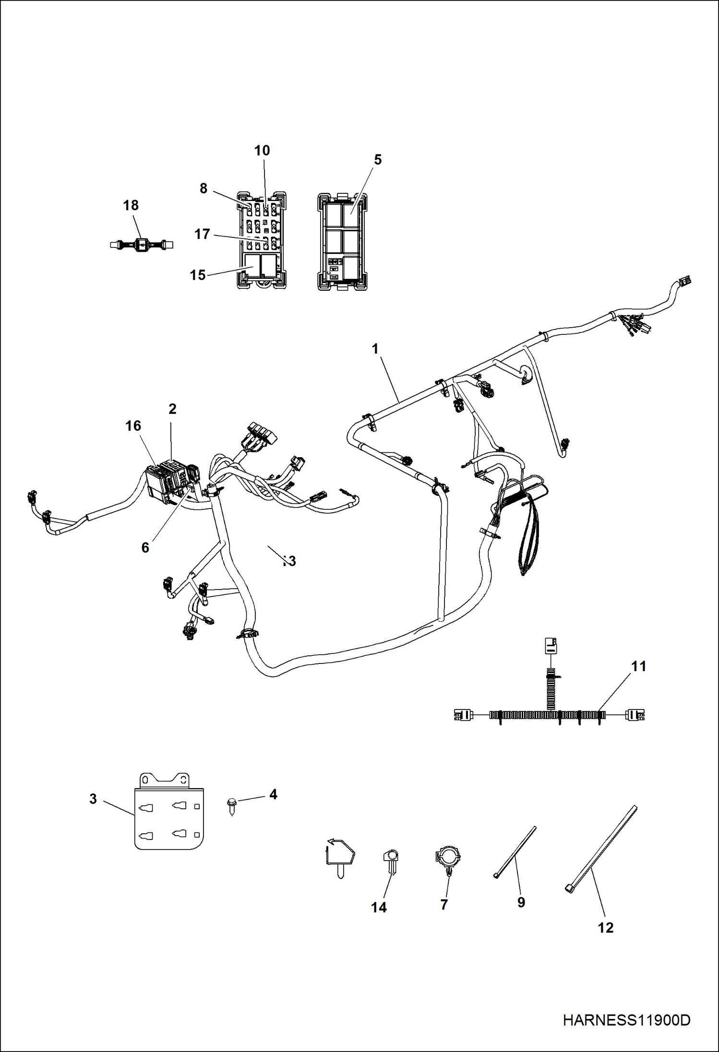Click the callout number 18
(x=131, y=205)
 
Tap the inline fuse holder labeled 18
(x=141, y=245)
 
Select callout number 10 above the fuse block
(x=262, y=151)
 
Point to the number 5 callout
(x=378, y=160)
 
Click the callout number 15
(x=197, y=275)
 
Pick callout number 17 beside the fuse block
(x=202, y=234)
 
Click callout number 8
(x=204, y=189)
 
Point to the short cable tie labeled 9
(x=515, y=852)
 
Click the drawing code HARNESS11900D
(x=626, y=1020)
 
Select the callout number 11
(x=638, y=666)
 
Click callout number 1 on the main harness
(x=375, y=349)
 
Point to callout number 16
(x=133, y=426)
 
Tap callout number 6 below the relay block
(x=145, y=548)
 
